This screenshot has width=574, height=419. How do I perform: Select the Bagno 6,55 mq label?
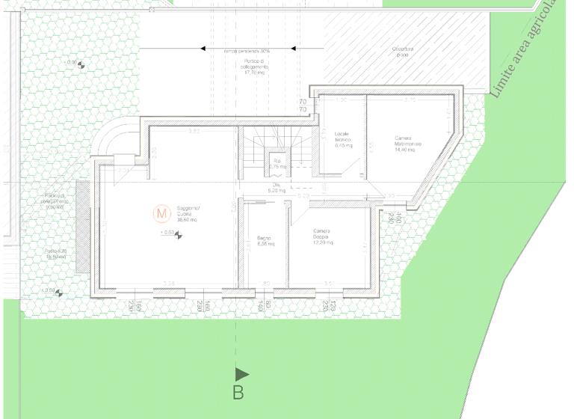(265, 241)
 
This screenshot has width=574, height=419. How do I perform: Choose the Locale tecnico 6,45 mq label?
(343, 140)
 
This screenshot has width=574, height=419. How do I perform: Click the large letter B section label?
(238, 391)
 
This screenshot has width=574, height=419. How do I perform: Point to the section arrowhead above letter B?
(241, 373)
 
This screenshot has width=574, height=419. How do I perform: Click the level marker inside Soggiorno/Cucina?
(179, 233)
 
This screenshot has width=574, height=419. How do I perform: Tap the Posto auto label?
(56, 254)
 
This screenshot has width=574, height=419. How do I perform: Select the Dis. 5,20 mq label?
(277, 188)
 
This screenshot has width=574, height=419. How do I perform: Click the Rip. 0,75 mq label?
(277, 163)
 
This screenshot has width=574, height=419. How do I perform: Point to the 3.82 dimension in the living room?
(194, 132)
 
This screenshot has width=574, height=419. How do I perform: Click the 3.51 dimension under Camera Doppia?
(328, 283)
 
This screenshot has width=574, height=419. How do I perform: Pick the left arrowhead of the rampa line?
(203, 49)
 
